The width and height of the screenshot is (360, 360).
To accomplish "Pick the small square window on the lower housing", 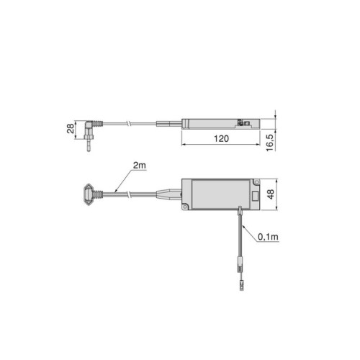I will click(256, 197).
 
